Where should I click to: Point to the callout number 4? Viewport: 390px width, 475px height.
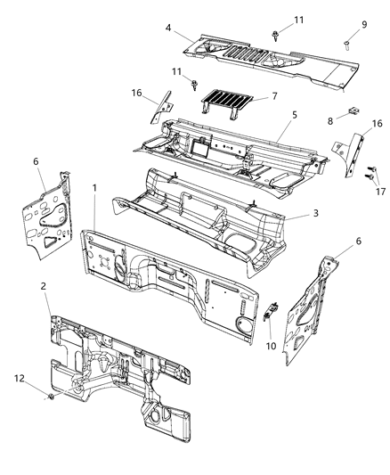pyautogui.click(x=167, y=28)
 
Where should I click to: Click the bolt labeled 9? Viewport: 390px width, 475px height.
pyautogui.click(x=344, y=42)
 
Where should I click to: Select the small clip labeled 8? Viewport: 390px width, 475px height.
pyautogui.click(x=353, y=110)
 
